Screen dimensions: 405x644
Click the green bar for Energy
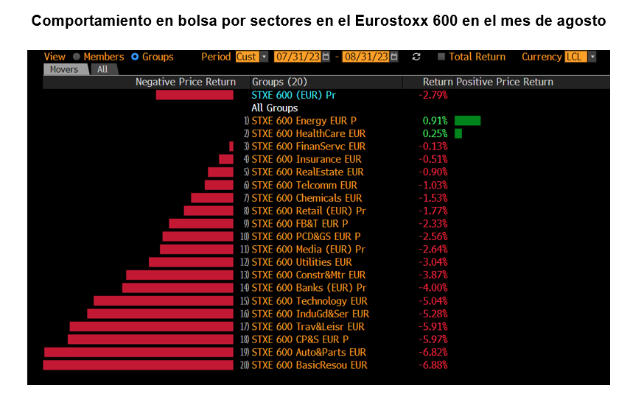click(467, 121)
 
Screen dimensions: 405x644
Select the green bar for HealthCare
click(458, 133)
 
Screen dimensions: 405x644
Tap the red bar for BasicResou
click(139, 365)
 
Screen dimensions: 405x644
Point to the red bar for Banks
click(178, 288)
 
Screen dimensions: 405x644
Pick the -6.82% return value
click(433, 353)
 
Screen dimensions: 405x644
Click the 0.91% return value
click(435, 121)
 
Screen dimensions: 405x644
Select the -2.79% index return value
click(433, 95)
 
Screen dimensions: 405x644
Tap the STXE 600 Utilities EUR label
click(302, 262)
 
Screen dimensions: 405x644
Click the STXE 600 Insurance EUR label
click(307, 159)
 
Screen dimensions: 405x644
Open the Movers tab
click(64, 69)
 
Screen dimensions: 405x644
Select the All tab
click(102, 69)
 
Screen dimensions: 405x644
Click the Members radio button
click(76, 57)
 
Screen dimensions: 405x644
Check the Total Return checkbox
click(441, 57)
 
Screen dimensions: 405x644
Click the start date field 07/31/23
click(298, 57)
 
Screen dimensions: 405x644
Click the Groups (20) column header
click(279, 82)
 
